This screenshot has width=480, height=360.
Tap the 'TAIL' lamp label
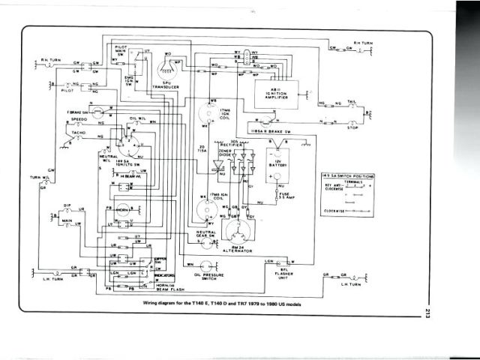click(352, 100)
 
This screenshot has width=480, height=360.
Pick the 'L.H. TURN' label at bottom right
click(351, 285)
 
